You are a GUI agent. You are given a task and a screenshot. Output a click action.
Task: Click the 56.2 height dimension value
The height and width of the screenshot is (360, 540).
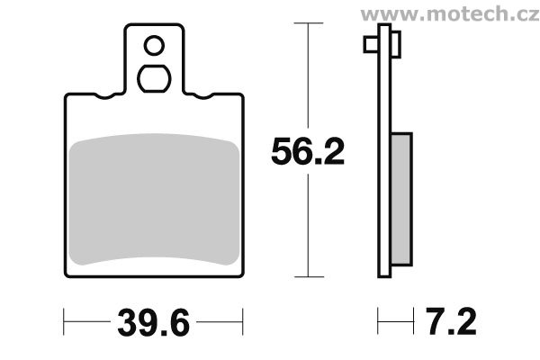point(308,151)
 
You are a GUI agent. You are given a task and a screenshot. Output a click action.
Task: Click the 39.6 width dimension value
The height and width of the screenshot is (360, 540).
point(154,323)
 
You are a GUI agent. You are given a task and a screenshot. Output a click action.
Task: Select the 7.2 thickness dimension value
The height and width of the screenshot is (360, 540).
point(451,321)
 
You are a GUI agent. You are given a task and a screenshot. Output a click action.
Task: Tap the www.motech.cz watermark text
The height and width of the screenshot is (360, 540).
point(450,13)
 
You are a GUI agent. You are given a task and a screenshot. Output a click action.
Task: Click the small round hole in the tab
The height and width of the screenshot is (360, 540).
point(154,46)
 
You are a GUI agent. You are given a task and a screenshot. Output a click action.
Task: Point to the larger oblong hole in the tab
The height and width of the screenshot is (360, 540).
point(154,78)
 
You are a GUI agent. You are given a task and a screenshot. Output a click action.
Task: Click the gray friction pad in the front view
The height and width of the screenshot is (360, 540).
point(154,200)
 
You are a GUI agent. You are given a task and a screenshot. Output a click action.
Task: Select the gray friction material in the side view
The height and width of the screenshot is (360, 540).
point(401,199)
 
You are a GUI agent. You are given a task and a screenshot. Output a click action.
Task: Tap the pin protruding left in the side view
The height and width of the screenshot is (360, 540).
point(371,44)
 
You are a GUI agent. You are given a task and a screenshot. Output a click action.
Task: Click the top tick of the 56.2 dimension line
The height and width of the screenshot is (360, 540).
point(308,23)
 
